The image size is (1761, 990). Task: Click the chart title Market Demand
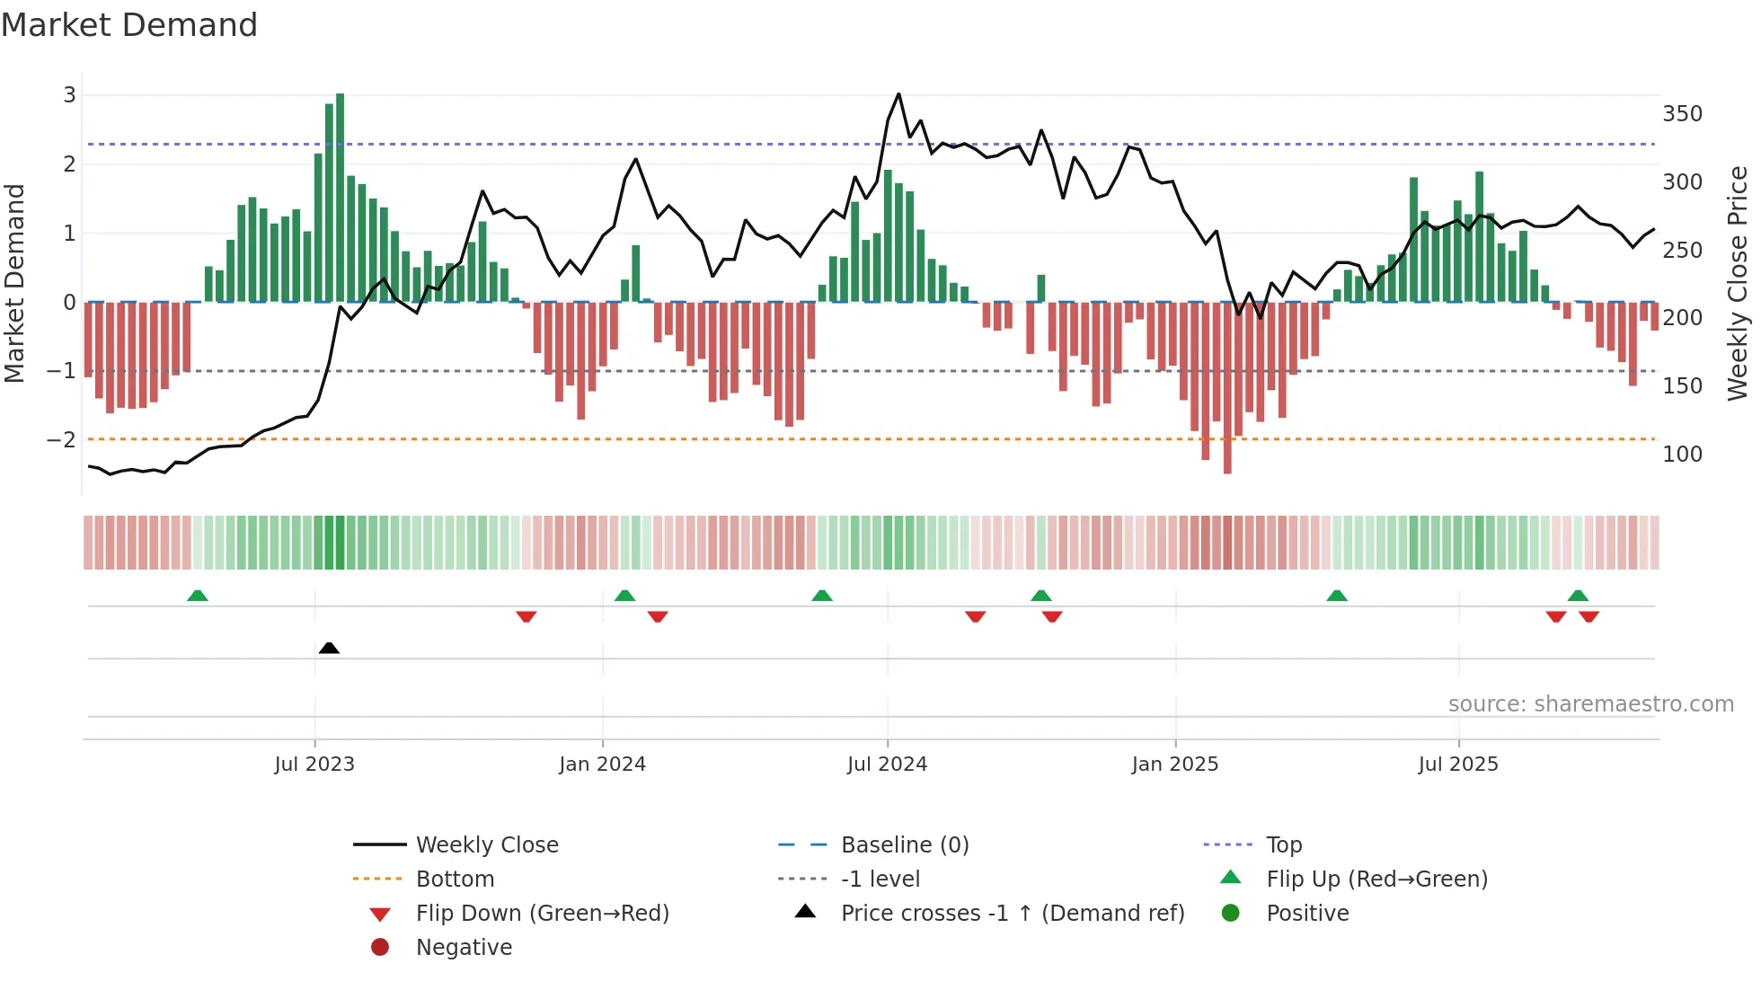click(129, 25)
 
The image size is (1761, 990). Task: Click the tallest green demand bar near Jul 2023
click(340, 198)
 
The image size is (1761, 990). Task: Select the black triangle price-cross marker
click(329, 648)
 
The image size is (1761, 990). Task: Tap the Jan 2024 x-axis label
click(602, 765)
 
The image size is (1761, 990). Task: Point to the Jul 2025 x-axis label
click(1458, 765)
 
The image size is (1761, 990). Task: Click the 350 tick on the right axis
click(1682, 114)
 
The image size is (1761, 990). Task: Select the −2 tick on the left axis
click(61, 439)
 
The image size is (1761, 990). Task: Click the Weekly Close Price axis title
click(1738, 283)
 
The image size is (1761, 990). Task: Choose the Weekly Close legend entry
click(486, 845)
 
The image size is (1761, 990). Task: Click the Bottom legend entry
click(455, 880)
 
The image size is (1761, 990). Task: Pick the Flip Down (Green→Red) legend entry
click(542, 914)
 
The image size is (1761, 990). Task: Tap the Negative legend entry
click(464, 948)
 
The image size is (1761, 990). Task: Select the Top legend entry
click(1283, 845)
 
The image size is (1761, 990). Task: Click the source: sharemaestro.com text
click(1590, 704)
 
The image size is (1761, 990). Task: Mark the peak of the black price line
click(898, 94)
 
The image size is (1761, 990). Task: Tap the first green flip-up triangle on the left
click(198, 596)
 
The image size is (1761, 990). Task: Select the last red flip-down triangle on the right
click(1588, 616)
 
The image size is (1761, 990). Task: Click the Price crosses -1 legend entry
click(1012, 914)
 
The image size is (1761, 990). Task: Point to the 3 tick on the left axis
click(69, 94)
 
